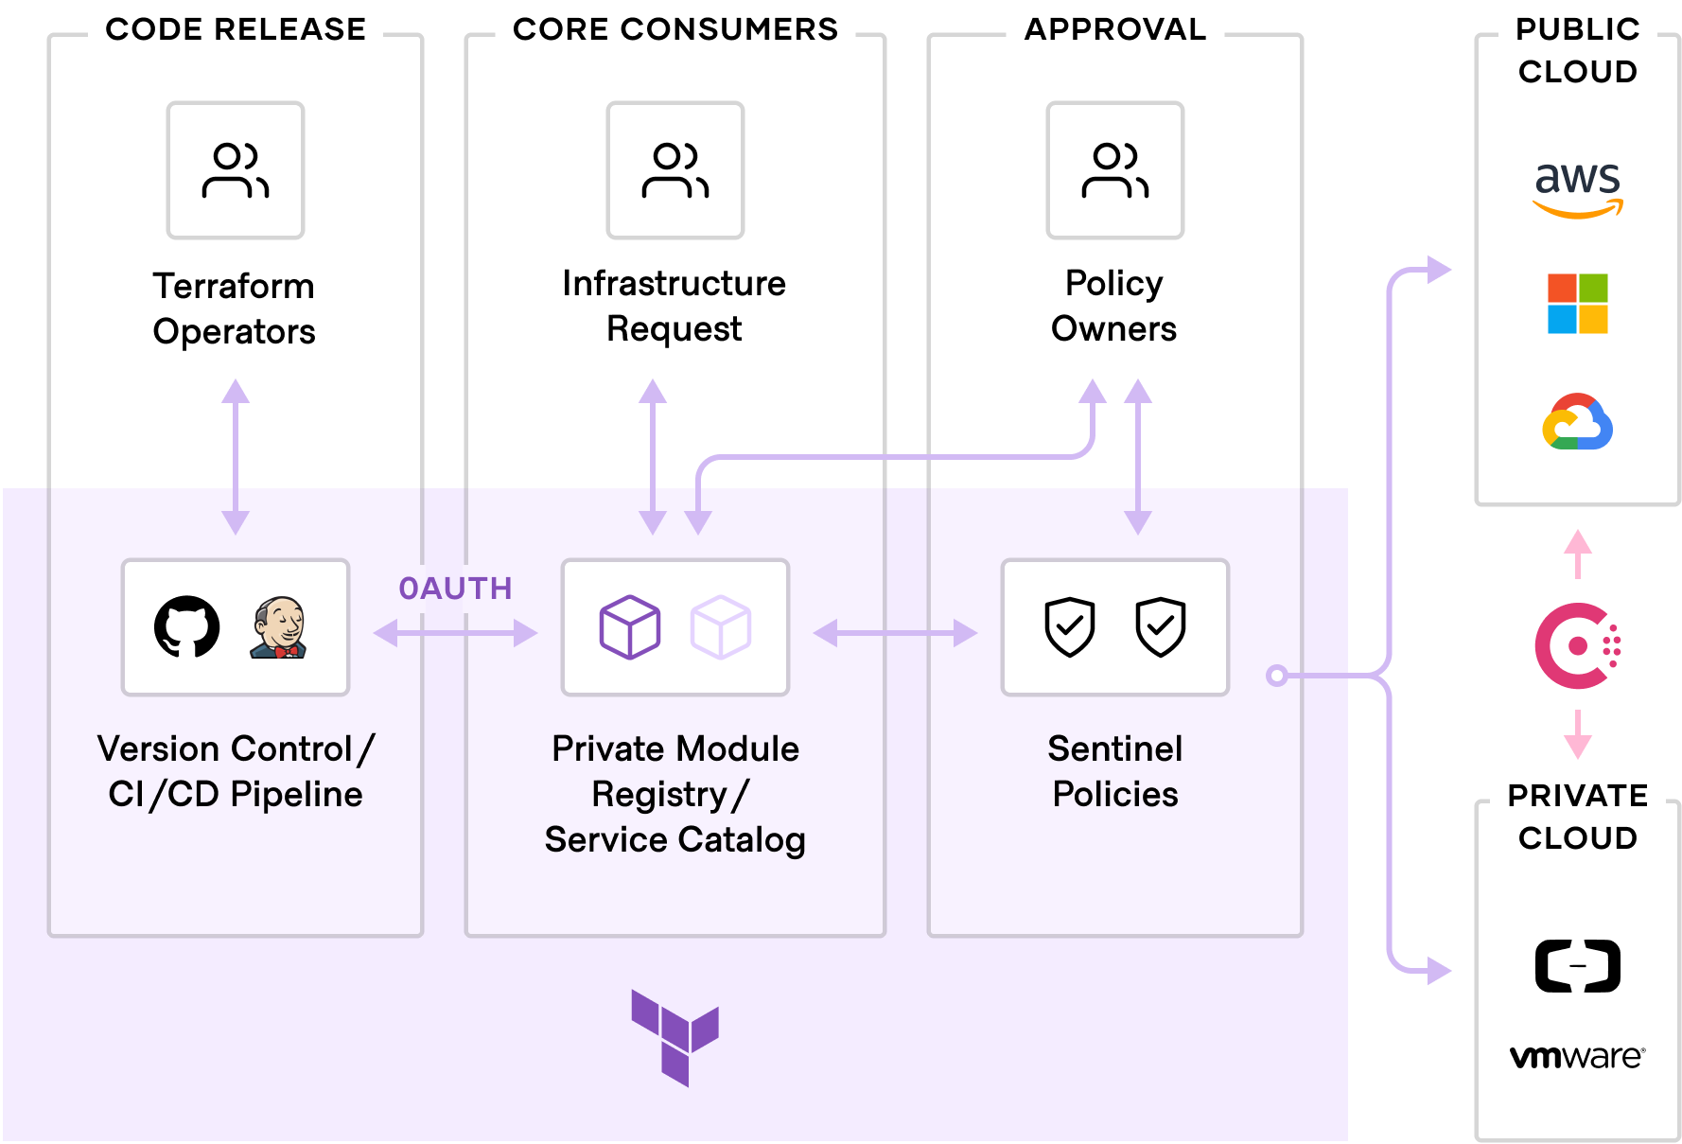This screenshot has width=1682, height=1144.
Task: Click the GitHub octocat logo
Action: (x=187, y=626)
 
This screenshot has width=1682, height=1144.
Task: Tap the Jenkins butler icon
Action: (x=278, y=626)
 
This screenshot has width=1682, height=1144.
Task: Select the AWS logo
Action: (x=1577, y=187)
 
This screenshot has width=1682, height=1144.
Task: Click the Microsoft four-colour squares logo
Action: (x=1577, y=304)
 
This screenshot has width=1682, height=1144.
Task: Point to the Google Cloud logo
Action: (x=1577, y=422)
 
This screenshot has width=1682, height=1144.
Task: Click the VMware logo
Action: (x=1577, y=1056)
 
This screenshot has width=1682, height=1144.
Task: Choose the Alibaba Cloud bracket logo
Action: (x=1577, y=966)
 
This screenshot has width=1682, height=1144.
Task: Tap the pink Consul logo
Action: (x=1577, y=645)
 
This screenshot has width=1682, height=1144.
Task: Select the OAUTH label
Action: (x=455, y=589)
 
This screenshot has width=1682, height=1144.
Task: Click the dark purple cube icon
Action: (x=630, y=626)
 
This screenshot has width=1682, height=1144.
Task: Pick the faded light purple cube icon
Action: (x=721, y=626)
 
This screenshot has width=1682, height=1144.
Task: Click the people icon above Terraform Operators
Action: (x=236, y=170)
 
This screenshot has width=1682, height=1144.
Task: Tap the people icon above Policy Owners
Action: (x=1114, y=170)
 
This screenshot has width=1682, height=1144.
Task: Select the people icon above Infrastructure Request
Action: (x=675, y=170)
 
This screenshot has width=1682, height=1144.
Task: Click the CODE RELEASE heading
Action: (x=236, y=29)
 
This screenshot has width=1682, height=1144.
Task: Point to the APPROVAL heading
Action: (x=1114, y=29)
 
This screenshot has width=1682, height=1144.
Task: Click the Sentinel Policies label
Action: (x=1114, y=771)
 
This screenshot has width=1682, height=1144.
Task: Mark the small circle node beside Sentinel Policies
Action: (x=1277, y=676)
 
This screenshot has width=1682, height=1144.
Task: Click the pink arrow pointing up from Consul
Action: (x=1577, y=553)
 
